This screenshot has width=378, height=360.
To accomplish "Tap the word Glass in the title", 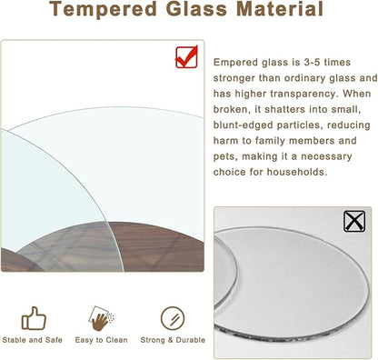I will [x=202, y=11].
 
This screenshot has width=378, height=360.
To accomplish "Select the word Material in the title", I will [x=278, y=11].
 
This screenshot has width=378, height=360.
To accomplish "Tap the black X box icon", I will [x=353, y=221].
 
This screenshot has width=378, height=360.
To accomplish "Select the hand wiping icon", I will [x=102, y=317].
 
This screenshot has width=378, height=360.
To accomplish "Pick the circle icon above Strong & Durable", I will [x=172, y=317].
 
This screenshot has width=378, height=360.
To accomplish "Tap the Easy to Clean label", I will [x=102, y=340].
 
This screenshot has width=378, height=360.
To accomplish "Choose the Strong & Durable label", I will [x=172, y=340].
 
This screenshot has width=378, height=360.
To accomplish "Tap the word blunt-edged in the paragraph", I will [x=244, y=125].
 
